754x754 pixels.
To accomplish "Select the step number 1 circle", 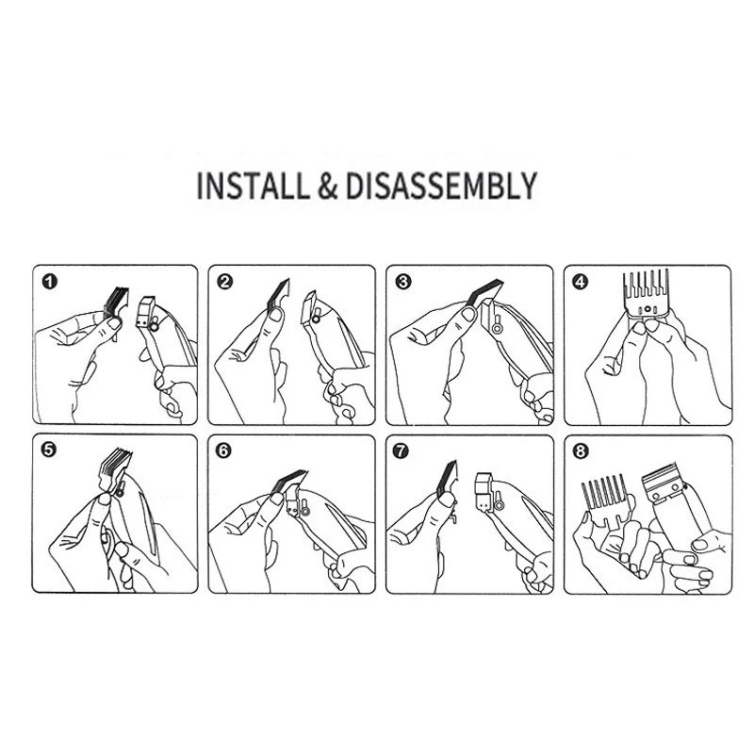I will click(x=48, y=281).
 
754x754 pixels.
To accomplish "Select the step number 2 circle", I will click(x=224, y=281).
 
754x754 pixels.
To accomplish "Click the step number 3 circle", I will click(x=402, y=281).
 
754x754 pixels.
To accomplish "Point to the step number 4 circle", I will click(x=580, y=281).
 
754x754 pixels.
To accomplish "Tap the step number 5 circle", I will click(x=48, y=451).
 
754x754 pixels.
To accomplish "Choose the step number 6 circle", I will click(x=224, y=451).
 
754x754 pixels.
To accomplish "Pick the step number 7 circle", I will click(x=402, y=451).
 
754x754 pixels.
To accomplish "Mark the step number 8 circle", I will click(x=580, y=451).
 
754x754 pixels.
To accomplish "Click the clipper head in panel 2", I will click(x=313, y=311).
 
